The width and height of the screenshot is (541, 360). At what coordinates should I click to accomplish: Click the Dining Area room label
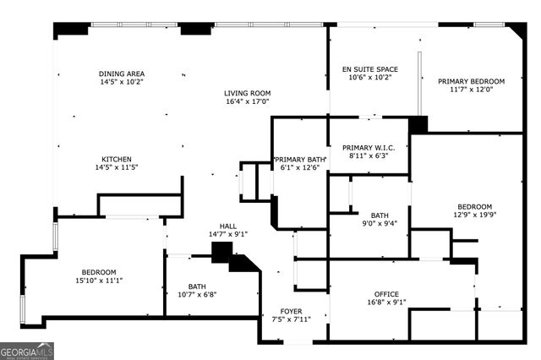click(122, 74)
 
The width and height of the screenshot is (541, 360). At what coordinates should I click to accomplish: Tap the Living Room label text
click(247, 93)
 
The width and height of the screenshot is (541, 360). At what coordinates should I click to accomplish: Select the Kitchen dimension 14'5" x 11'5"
click(119, 167)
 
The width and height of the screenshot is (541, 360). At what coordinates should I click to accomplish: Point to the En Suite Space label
click(367, 68)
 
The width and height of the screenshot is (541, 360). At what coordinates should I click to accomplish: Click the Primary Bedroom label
click(471, 81)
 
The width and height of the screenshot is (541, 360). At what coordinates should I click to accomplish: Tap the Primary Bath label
click(299, 158)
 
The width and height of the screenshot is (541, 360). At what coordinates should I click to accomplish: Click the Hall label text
click(228, 226)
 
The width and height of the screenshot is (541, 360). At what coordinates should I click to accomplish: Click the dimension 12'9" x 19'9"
click(474, 215)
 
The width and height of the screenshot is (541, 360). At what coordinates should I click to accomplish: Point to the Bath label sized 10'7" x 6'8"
click(197, 286)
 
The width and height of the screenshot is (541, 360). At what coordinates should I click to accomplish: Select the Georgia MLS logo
click(27, 350)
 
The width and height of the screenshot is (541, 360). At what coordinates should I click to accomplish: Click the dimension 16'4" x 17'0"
click(247, 101)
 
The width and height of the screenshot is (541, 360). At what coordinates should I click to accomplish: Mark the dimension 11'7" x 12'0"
click(471, 90)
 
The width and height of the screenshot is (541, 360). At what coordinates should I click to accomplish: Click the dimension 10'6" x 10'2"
click(367, 77)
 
